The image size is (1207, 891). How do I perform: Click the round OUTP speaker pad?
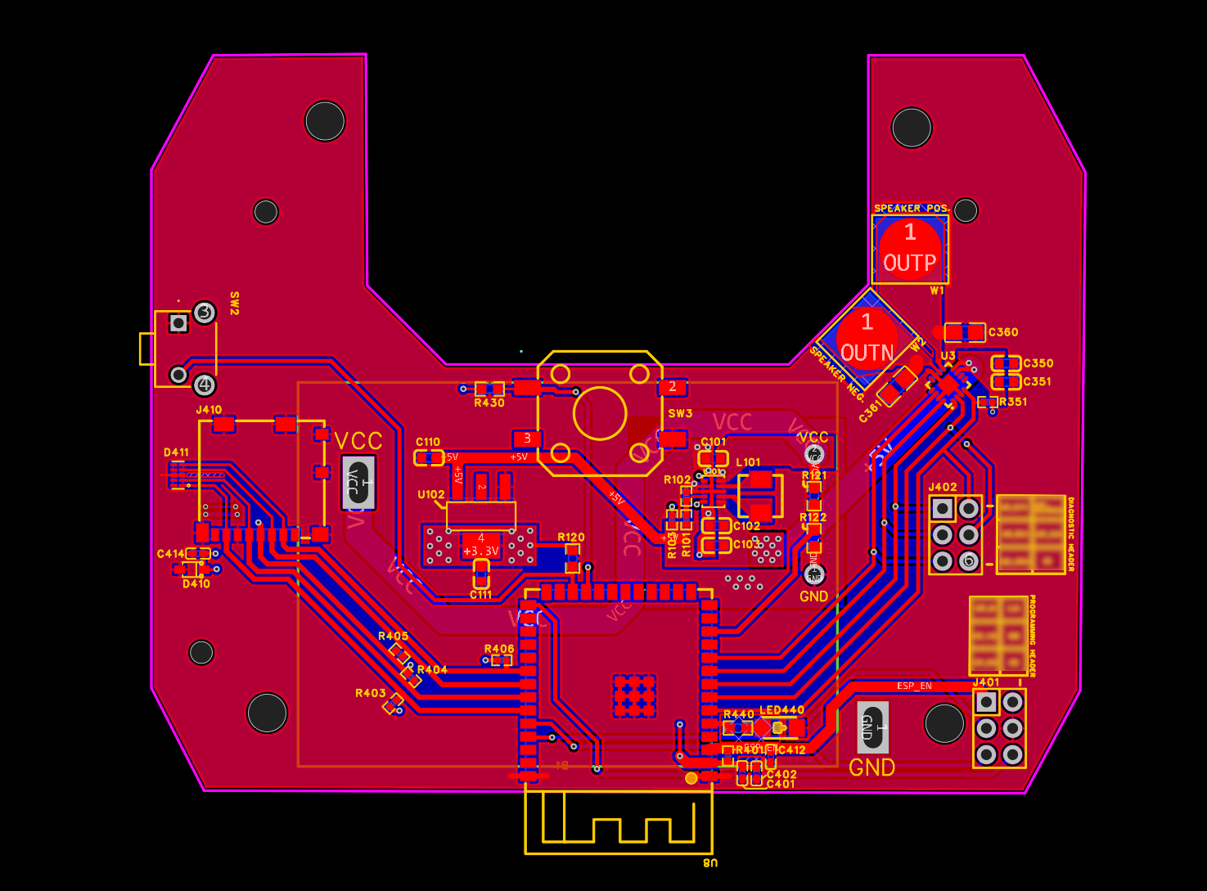(x=910, y=248)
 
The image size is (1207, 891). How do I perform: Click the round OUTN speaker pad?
(x=867, y=338)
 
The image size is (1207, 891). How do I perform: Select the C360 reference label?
(x=1003, y=332)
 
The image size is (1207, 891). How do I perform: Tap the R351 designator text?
(x=1013, y=402)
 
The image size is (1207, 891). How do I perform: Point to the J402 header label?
(x=942, y=487)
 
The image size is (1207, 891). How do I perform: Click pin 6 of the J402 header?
(x=970, y=560)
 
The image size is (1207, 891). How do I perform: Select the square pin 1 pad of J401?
(x=987, y=702)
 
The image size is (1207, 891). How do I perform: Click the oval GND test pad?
(x=872, y=727)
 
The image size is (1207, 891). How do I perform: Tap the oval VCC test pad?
(x=358, y=482)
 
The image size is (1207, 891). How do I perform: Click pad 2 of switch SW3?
(x=673, y=386)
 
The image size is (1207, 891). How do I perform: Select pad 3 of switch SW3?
(x=527, y=439)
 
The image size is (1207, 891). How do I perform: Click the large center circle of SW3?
(x=600, y=413)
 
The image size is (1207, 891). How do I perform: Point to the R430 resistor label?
(x=489, y=403)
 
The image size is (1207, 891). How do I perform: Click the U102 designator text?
(x=431, y=495)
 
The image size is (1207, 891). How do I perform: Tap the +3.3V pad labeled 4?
(x=481, y=545)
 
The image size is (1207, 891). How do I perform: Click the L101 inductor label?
(x=748, y=462)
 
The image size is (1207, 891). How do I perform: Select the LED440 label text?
(x=781, y=710)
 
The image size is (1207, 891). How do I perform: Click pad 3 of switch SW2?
(x=205, y=313)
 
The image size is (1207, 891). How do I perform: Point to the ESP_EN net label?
(x=914, y=686)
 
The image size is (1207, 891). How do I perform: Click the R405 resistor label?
(x=393, y=636)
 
